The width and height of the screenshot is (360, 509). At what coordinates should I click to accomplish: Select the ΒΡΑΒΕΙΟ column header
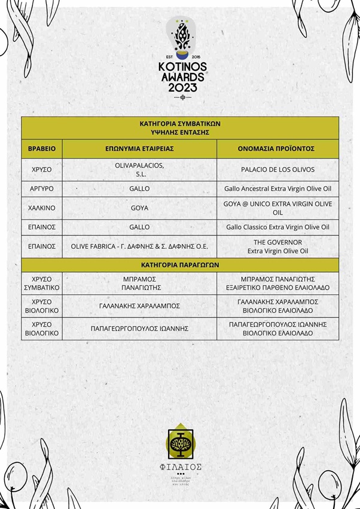(41, 148)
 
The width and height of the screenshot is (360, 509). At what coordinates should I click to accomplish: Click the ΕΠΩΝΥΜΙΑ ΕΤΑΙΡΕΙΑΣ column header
(139, 148)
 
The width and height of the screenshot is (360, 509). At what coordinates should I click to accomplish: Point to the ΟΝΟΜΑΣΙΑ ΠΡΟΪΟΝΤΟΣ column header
(277, 148)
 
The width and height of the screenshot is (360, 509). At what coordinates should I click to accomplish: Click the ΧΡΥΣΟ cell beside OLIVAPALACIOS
(41, 169)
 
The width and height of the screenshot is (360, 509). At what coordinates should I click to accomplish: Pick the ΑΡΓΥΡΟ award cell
(41, 189)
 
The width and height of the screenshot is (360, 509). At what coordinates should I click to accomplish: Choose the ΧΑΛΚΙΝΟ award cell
(41, 208)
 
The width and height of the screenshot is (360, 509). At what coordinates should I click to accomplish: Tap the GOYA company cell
(139, 208)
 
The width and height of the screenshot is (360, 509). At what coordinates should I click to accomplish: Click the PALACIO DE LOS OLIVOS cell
(277, 169)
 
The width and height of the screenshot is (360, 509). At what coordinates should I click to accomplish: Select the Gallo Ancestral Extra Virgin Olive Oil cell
(277, 189)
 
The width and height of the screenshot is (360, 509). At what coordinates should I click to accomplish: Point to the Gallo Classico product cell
(277, 227)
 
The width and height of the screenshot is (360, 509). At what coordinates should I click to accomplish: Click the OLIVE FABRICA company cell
(139, 246)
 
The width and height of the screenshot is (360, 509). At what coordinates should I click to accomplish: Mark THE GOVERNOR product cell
(277, 246)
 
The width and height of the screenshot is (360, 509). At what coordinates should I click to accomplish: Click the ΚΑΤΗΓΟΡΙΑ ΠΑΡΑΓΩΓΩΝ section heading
(180, 264)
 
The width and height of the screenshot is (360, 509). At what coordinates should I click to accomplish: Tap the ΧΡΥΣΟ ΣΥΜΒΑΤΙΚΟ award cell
(41, 283)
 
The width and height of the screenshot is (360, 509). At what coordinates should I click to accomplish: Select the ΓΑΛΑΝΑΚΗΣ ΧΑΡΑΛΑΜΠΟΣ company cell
(139, 306)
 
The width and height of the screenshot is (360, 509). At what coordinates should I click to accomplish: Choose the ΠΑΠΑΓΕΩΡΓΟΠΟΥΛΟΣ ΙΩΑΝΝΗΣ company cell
(139, 328)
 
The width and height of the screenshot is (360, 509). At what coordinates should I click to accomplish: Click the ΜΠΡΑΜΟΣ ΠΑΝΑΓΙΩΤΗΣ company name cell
(139, 283)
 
